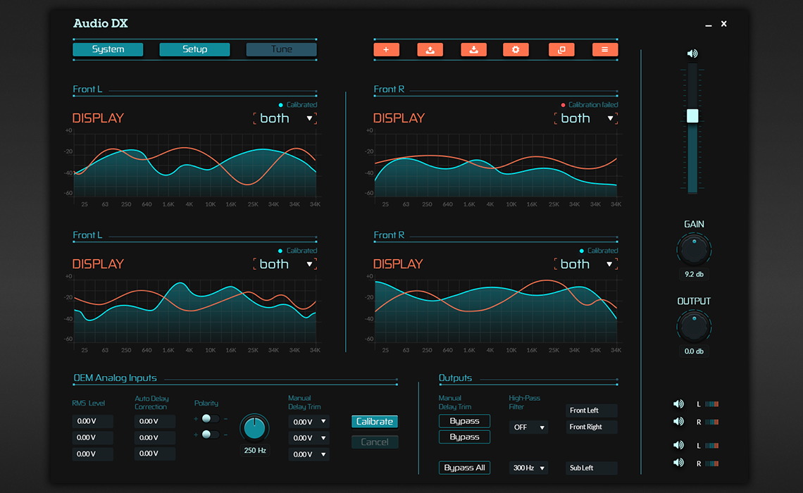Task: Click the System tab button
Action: pyautogui.click(x=108, y=49)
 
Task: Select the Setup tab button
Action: pyautogui.click(x=194, y=49)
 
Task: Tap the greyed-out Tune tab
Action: pyautogui.click(x=281, y=49)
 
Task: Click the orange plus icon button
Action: pyautogui.click(x=386, y=49)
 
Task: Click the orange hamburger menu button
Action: pyautogui.click(x=605, y=49)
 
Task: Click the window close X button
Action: pyautogui.click(x=723, y=24)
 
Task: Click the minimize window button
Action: pyautogui.click(x=709, y=25)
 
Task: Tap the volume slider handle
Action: pyautogui.click(x=692, y=116)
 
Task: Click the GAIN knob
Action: pyautogui.click(x=694, y=249)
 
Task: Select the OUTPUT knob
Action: pyautogui.click(x=694, y=326)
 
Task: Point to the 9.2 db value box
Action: pyautogui.click(x=694, y=274)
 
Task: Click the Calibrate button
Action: pyautogui.click(x=375, y=421)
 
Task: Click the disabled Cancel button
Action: pyautogui.click(x=375, y=442)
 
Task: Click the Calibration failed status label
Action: pyautogui.click(x=592, y=105)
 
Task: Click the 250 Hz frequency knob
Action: pyautogui.click(x=254, y=428)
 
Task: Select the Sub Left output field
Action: pyautogui.click(x=592, y=468)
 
